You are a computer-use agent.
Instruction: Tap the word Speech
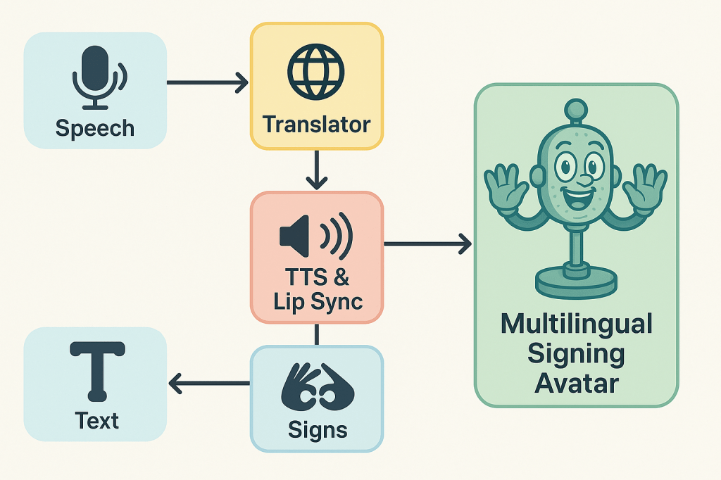[x=94, y=128]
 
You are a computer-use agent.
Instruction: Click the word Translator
[x=316, y=125]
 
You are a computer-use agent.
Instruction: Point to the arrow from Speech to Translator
[x=207, y=83]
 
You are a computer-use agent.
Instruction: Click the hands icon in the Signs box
[x=317, y=387]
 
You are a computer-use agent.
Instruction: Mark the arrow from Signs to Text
[x=209, y=384]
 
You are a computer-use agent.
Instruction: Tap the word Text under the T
[x=97, y=421]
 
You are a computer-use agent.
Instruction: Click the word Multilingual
[x=577, y=324]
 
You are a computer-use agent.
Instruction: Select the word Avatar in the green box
[x=577, y=383]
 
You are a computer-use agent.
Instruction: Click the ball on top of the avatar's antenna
[x=577, y=108]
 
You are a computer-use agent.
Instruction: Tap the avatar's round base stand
[x=576, y=282]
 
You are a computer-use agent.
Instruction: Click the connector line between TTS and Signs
[x=317, y=334]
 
